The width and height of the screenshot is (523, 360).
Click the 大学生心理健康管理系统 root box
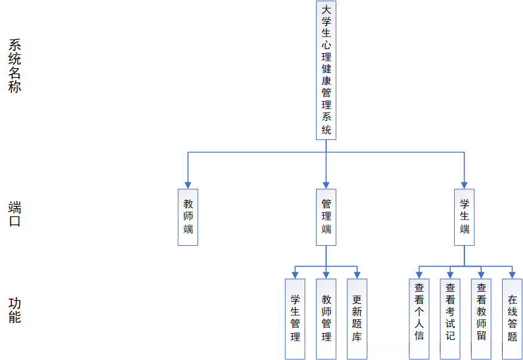click(x=326, y=70)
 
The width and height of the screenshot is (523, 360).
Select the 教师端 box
click(x=188, y=217)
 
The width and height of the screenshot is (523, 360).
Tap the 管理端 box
click(x=326, y=217)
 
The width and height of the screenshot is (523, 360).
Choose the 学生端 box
click(x=464, y=217)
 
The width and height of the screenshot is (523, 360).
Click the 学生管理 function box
click(x=295, y=319)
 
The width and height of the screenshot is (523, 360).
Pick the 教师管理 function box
click(x=326, y=319)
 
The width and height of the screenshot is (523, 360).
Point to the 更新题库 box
click(x=357, y=319)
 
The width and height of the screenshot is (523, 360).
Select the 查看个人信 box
click(x=419, y=319)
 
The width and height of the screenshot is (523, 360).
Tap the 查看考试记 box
click(x=450, y=319)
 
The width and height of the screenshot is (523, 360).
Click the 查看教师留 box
click(x=481, y=319)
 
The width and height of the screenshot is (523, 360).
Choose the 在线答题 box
click(x=512, y=319)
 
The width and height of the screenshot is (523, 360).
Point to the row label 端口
click(x=15, y=214)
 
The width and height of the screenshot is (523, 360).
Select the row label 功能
click(x=15, y=310)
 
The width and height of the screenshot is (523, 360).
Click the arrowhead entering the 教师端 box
click(x=188, y=185)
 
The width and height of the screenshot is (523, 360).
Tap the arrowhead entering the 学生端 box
click(x=464, y=185)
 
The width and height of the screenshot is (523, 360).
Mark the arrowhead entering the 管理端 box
click(x=326, y=185)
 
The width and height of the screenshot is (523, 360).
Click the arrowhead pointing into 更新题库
click(x=357, y=275)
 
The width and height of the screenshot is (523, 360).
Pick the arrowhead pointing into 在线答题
click(x=512, y=275)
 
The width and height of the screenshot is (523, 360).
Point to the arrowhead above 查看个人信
click(x=419, y=275)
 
